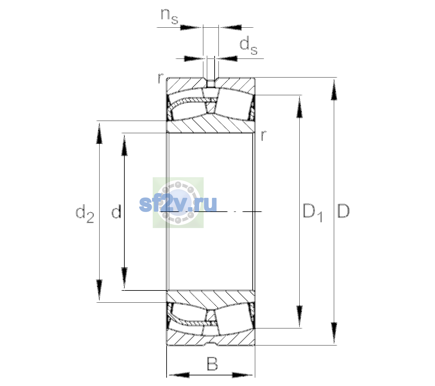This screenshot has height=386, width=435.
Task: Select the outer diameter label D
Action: pyautogui.click(x=343, y=211)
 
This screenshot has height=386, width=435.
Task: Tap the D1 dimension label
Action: pyautogui.click(x=313, y=213)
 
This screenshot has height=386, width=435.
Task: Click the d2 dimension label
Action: pyautogui.click(x=85, y=213)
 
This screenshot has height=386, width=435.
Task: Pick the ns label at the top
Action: pyautogui.click(x=169, y=17)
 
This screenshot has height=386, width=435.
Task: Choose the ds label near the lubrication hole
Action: pyautogui.click(x=248, y=45)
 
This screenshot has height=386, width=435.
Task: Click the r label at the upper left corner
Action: pyautogui.click(x=160, y=78)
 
